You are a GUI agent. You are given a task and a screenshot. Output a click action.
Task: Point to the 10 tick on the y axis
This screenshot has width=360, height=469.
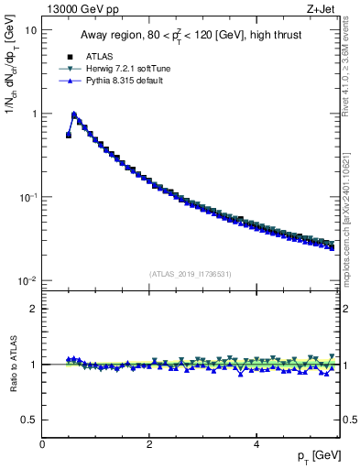click(x=31, y=30)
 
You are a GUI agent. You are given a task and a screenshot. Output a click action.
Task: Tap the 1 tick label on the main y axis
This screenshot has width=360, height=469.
click(x=34, y=114)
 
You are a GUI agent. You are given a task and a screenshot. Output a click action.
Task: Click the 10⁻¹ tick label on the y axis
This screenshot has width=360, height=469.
click(x=28, y=197)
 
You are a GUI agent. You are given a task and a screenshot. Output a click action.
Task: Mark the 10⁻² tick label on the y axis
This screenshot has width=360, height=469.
click(x=28, y=281)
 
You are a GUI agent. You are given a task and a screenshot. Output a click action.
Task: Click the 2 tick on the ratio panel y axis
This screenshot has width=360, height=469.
click(x=34, y=309)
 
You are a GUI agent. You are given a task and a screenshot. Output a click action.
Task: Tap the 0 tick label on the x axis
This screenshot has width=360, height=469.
click(x=42, y=444)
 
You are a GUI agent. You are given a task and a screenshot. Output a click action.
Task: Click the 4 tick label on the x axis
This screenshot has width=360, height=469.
click(x=256, y=444)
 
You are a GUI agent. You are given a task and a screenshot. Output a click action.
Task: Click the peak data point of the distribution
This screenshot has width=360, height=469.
click(x=74, y=115)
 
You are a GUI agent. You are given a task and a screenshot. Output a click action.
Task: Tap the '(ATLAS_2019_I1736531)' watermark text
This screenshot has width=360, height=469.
click(x=191, y=274)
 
